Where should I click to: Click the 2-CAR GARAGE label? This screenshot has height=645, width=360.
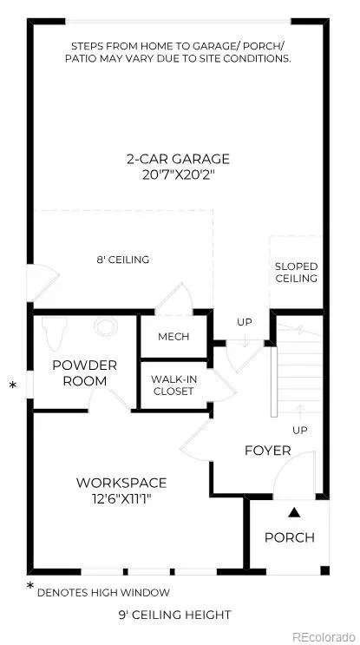(x=178, y=159)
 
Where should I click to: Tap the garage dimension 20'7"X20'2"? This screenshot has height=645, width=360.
(x=178, y=175)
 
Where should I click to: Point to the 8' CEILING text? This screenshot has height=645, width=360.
(x=123, y=260)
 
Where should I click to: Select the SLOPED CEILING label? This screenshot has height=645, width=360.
(x=297, y=273)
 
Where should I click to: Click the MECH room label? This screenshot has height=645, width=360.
(x=173, y=337)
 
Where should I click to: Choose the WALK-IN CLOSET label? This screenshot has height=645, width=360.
(x=173, y=385)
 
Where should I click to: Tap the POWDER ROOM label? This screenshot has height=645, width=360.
(x=85, y=372)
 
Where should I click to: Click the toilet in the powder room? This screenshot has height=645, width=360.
(x=55, y=332)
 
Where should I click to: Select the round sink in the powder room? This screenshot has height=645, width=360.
(x=106, y=326)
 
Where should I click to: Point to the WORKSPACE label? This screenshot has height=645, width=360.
(x=121, y=483)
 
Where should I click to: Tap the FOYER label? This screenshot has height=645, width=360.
(x=268, y=451)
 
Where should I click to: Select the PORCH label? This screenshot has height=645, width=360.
(x=290, y=537)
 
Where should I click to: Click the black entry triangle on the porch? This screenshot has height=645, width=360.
(x=292, y=512)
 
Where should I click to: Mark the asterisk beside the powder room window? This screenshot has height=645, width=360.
(x=13, y=385)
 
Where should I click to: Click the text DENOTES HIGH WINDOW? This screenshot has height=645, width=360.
(x=103, y=593)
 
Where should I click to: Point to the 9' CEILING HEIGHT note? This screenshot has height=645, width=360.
(x=174, y=615)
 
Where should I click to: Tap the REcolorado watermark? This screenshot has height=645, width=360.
(x=324, y=636)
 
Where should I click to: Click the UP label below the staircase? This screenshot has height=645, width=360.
(x=300, y=431)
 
